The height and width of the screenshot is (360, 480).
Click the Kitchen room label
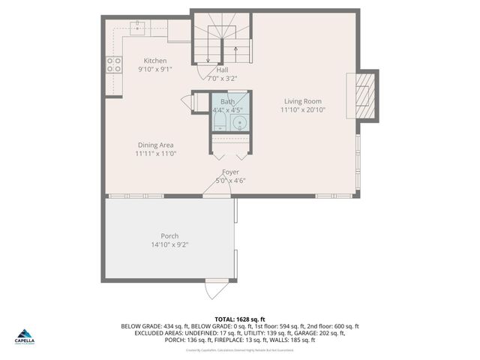[155, 61]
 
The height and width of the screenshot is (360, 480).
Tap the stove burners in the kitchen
[114, 64]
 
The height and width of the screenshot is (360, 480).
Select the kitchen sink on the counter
[137, 28]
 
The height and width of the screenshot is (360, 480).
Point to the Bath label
[227, 101]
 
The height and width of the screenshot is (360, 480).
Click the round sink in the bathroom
[239, 124]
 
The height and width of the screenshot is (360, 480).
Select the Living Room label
[302, 101]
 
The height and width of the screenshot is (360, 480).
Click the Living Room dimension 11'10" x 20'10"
[302, 109]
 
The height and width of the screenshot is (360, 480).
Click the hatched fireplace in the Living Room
[363, 94]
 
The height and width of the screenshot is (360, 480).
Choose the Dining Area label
[155, 145]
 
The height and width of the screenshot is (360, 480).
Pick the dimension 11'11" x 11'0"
[155, 153]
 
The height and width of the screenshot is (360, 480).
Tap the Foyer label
[230, 172]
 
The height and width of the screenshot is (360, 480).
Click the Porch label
[169, 235]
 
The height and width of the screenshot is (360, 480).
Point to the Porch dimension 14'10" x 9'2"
[169, 244]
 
